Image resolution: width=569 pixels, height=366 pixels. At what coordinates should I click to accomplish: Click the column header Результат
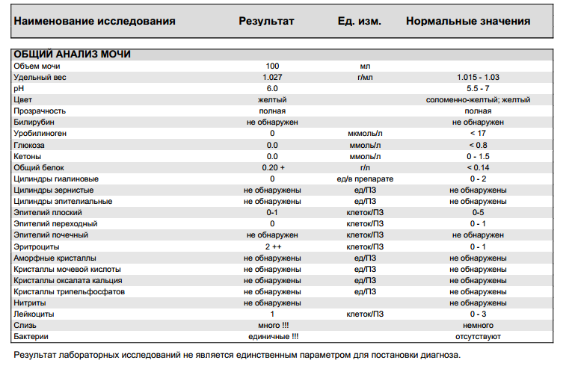pyautogui.click(x=266, y=21)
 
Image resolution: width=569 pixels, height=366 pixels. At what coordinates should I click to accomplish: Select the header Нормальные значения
pyautogui.click(x=468, y=21)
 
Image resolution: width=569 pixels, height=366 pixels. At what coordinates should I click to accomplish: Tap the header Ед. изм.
pyautogui.click(x=360, y=21)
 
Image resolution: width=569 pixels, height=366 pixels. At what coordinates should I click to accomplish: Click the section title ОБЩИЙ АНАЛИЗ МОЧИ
pyautogui.click(x=73, y=55)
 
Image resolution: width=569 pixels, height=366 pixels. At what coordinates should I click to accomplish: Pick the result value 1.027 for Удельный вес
pyautogui.click(x=272, y=78)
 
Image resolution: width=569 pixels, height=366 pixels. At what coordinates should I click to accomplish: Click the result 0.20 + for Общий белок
pyautogui.click(x=273, y=167)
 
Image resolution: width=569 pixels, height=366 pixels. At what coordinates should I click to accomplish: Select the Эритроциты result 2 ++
pyautogui.click(x=272, y=246)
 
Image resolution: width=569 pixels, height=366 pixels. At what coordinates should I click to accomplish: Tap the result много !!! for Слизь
pyautogui.click(x=272, y=326)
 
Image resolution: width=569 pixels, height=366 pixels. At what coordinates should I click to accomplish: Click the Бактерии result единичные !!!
pyautogui.click(x=273, y=337)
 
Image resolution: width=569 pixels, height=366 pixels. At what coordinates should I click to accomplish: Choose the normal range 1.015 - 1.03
pyautogui.click(x=478, y=78)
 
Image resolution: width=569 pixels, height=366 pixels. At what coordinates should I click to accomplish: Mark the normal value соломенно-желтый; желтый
pyautogui.click(x=478, y=100)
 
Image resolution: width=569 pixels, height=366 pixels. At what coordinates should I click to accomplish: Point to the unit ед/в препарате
pyautogui.click(x=365, y=179)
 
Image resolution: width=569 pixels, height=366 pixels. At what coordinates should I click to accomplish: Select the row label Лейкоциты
pyautogui.click(x=34, y=314)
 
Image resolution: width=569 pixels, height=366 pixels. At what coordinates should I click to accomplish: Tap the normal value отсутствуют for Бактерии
pyautogui.click(x=478, y=337)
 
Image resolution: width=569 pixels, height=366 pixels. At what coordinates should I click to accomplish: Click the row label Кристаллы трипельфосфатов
pyautogui.click(x=69, y=291)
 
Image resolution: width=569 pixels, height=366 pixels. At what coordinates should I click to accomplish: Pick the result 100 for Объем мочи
pyautogui.click(x=272, y=66)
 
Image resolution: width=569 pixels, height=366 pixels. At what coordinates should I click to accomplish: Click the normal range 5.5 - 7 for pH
pyautogui.click(x=478, y=89)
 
